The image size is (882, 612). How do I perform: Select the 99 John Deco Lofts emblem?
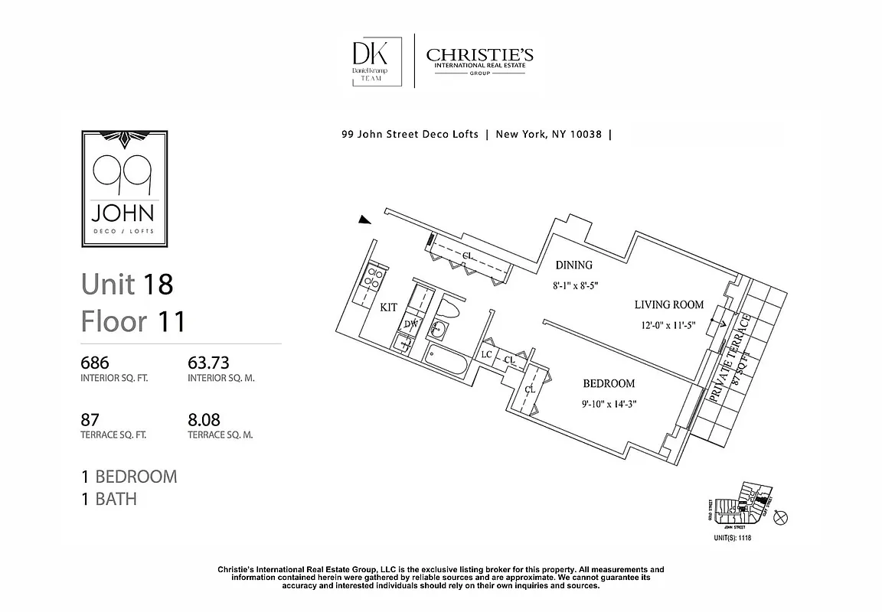coord(125,188)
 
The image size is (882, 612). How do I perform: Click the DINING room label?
coord(573,265)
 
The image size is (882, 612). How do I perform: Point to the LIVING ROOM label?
coord(668,305)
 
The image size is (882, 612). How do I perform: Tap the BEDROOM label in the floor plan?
coord(609,384)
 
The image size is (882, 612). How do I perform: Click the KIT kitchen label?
coord(388,307)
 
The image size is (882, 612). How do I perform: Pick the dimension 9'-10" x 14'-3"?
coord(609,404)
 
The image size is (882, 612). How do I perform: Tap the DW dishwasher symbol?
coord(410,324)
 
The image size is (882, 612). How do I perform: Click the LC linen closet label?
coord(486,355)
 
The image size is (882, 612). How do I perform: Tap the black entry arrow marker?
coord(365,221)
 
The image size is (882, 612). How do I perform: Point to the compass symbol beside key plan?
coord(780,518)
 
